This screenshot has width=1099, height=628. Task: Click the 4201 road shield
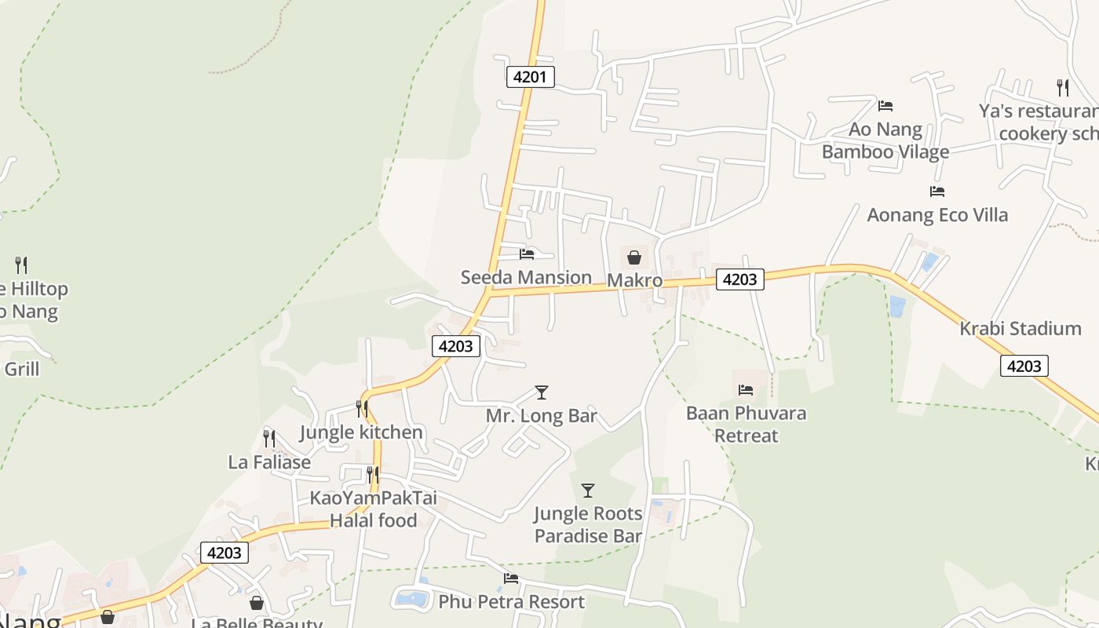[x=531, y=77]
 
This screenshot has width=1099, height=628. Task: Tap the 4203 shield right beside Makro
[x=739, y=279]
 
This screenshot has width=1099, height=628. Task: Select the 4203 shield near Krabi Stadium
[x=1024, y=366]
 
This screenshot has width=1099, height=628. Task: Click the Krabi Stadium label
[x=1020, y=328]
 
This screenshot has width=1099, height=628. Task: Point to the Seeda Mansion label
[x=526, y=277]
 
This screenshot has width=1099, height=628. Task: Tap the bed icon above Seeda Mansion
[x=527, y=254]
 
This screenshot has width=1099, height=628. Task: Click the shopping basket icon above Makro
[x=634, y=257]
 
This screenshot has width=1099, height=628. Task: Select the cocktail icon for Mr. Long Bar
[x=541, y=392]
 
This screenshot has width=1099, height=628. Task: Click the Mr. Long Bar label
[x=541, y=415]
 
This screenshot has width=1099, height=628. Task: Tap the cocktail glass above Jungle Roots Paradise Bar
[x=587, y=491]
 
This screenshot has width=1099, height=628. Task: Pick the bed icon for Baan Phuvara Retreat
[x=746, y=389]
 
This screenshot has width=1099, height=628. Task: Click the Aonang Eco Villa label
[x=937, y=214]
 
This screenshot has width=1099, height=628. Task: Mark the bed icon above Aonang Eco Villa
[x=937, y=191]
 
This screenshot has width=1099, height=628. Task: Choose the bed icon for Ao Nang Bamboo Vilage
[x=885, y=105]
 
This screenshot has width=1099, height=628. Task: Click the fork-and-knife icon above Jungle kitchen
[x=361, y=409]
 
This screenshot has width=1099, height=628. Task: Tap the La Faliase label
[x=269, y=462]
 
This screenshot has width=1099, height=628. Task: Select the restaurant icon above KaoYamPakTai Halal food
[x=372, y=475]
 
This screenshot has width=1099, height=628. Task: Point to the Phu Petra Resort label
[x=511, y=602]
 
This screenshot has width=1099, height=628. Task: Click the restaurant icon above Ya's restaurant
[x=1062, y=87]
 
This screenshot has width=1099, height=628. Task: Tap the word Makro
[x=634, y=280]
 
